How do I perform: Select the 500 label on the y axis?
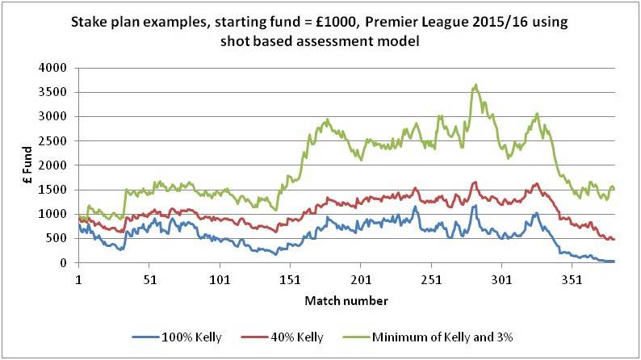tap(59, 238)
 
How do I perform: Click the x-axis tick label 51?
tap(149, 278)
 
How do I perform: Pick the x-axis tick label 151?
tap(290, 278)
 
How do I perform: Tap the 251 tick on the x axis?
tap(431, 278)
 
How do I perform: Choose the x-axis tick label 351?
tap(572, 278)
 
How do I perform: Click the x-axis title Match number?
tap(346, 300)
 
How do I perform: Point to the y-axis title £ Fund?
tap(27, 165)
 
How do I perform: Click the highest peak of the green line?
tap(476, 84)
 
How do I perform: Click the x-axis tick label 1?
tap(78, 278)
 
